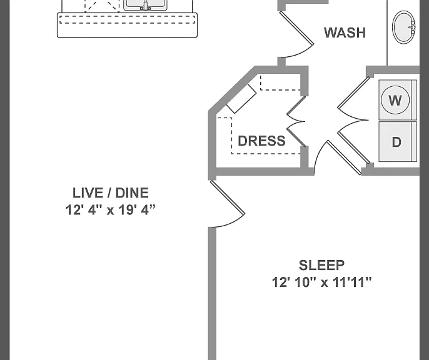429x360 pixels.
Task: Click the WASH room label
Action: tap(345, 32)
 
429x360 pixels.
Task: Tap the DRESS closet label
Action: tap(261, 141)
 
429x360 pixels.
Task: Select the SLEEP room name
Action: tap(321, 265)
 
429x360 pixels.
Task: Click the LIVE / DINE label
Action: tap(111, 193)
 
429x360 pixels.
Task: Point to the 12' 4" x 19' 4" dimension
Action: tap(111, 210)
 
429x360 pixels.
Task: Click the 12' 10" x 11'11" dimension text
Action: tap(321, 282)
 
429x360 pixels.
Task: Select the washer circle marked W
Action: tap(395, 100)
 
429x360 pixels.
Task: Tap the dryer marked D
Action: tap(398, 142)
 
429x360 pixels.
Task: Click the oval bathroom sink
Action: tap(404, 27)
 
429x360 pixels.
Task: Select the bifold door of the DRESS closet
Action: tap(296, 122)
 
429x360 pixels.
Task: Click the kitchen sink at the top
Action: tap(145, 5)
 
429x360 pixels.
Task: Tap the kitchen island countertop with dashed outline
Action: tap(127, 25)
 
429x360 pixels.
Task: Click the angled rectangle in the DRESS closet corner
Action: tap(241, 98)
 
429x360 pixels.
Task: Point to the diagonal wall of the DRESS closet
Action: tap(233, 89)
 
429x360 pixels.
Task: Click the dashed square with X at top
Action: tap(102, 6)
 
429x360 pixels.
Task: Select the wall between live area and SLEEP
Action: tap(212, 294)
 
